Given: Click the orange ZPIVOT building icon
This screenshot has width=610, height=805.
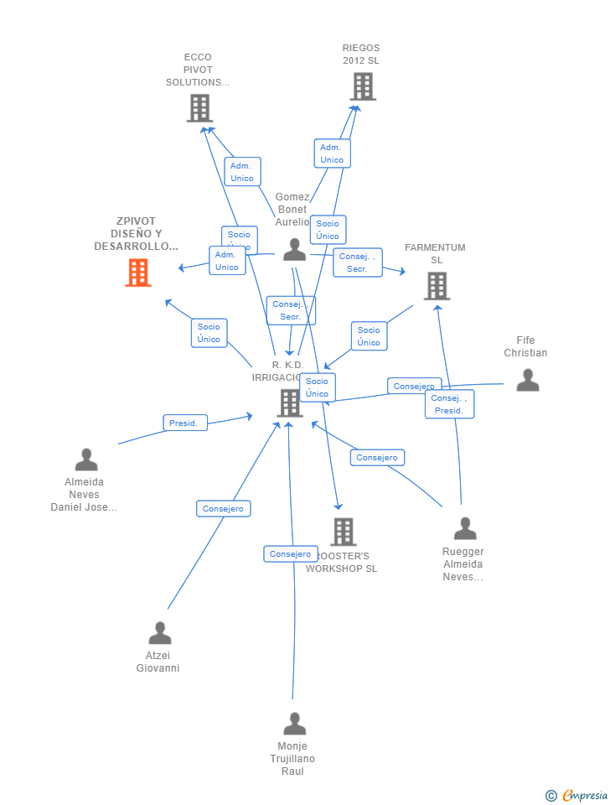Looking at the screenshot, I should pos(138,273).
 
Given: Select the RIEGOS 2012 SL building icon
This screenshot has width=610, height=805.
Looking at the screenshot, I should pos(363,86).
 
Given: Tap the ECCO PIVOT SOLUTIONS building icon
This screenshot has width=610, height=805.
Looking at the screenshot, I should pos(199,108).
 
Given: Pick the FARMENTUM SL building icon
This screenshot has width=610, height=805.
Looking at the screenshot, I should pos(437,286).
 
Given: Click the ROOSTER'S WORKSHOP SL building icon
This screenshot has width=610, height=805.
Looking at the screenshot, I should pos(343,532).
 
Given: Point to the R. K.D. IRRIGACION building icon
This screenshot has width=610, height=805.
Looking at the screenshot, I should pos(289,403).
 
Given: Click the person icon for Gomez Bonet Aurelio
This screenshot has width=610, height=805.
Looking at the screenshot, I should pos(294,250).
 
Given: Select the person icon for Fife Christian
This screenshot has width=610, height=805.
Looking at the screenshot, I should pos(527,381).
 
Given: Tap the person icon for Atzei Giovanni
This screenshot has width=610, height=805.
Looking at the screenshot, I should pos(159,634).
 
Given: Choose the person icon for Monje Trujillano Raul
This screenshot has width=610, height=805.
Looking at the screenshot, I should pos(294,724).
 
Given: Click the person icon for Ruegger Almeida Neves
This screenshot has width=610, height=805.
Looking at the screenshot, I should pos(464,529).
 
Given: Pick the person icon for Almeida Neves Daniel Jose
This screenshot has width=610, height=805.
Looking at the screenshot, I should pos(86,460).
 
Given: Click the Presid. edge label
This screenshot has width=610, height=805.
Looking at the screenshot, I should pos(184,423).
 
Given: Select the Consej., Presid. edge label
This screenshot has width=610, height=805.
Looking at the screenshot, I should pos(449,404).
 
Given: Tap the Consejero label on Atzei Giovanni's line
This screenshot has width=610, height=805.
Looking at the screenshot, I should pos(223,509).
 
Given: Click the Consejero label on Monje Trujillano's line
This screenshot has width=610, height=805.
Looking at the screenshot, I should pos(291,554).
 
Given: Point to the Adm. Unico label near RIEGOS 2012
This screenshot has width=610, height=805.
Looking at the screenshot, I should pos(332,153).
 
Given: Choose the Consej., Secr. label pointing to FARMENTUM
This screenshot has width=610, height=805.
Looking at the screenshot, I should pos(357,262).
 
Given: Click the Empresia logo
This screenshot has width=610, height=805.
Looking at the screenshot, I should pos(577,795).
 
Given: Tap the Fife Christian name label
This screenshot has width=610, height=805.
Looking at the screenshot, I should pos(525,346).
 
